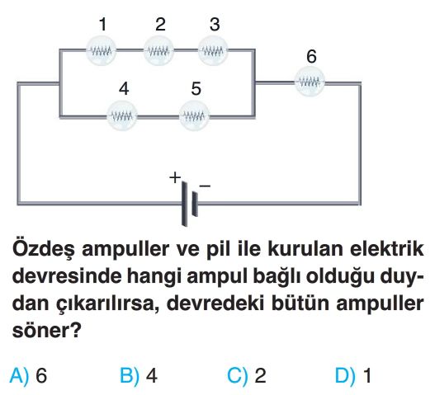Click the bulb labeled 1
(101, 51)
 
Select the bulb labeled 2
(158, 51)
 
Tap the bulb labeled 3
(213, 51)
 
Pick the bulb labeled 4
(122, 116)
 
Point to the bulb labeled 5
(194, 116)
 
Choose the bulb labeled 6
(310, 82)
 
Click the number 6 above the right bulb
(311, 56)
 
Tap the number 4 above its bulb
(124, 89)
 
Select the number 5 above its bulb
(196, 89)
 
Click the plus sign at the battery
(175, 177)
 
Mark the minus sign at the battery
(205, 186)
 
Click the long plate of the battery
(185, 203)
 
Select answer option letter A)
(19, 376)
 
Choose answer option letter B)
(130, 376)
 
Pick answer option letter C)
(238, 376)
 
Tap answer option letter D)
(345, 376)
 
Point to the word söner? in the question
(47, 331)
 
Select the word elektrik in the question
(387, 249)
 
